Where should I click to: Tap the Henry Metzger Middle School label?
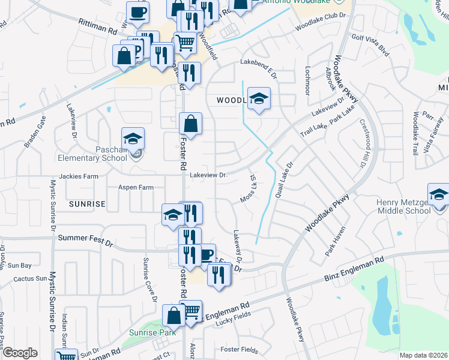pos(403,206)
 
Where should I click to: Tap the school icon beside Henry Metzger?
pos(439,194)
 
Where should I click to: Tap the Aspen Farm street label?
pos(136,187)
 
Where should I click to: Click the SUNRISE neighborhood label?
pos(87,204)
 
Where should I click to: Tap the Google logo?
pos(20,353)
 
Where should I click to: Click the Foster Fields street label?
pos(239,350)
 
